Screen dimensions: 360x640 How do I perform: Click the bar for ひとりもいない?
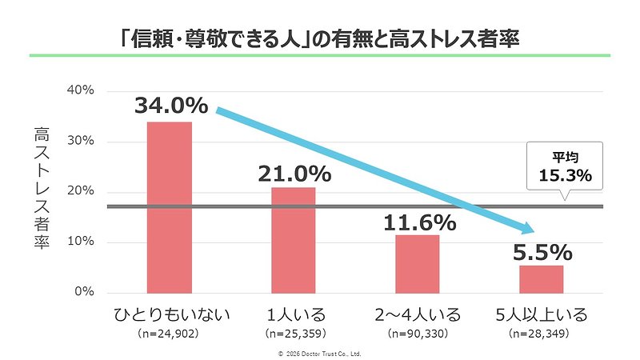[x=169, y=207]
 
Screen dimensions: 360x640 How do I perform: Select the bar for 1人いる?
[x=293, y=240]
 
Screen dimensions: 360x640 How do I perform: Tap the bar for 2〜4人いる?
[x=418, y=263]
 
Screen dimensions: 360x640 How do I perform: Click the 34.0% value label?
[x=170, y=106]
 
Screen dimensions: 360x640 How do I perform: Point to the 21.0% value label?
[x=294, y=173]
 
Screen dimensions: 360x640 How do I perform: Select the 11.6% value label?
[x=418, y=222]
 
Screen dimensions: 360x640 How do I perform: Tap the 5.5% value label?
[x=542, y=252]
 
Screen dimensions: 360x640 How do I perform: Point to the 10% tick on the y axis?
[x=81, y=242]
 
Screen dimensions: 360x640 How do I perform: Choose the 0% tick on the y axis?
[x=84, y=292]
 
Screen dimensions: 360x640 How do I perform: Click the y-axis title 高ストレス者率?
[x=41, y=189]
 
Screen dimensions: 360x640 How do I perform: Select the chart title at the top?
[x=319, y=38]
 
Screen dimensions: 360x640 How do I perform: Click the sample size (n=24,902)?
[x=169, y=331]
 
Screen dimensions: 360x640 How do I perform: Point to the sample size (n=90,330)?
[x=418, y=331]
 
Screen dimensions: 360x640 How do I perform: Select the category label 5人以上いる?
[x=542, y=314]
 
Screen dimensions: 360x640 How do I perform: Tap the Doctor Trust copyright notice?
[x=319, y=352]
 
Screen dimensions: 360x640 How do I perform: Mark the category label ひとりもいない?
[x=169, y=314]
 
